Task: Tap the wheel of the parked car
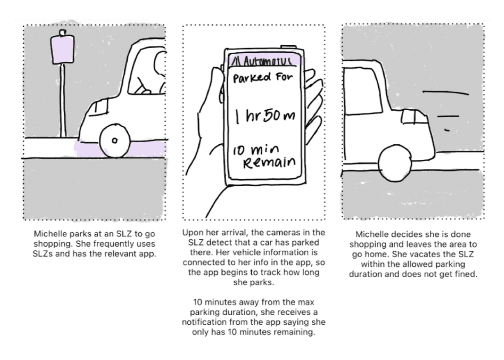point(115,141)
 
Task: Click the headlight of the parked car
point(99,107)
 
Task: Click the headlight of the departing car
point(414,116)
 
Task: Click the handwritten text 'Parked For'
point(263,78)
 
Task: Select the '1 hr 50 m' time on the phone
point(265,116)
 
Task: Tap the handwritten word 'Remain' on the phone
point(269,162)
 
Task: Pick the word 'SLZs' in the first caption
point(43,254)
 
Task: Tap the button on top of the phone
point(288,47)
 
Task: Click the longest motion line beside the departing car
point(446,93)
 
